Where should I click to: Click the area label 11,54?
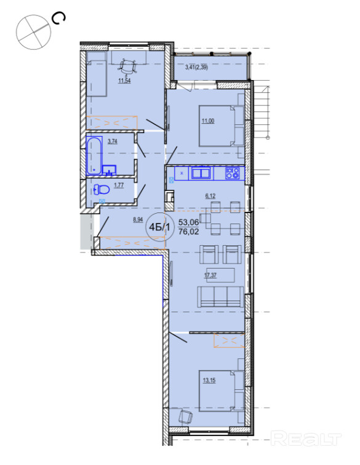pyautogui.click(x=124, y=81)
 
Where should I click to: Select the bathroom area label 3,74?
pyautogui.click(x=112, y=142)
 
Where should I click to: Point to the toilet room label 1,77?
pyautogui.click(x=119, y=185)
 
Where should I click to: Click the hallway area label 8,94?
pyautogui.click(x=138, y=220)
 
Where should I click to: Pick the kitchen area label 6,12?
pyautogui.click(x=210, y=196)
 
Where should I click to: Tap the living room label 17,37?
pyautogui.click(x=210, y=275)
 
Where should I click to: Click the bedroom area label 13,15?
pyautogui.click(x=209, y=381)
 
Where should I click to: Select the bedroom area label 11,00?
pyautogui.click(x=208, y=121)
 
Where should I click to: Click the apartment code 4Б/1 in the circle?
pyautogui.click(x=160, y=227)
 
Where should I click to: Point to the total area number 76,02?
pyautogui.click(x=189, y=232)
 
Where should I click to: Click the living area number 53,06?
pyautogui.click(x=189, y=222)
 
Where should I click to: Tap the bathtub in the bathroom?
pyautogui.click(x=94, y=155)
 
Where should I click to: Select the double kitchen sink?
pyautogui.click(x=201, y=173)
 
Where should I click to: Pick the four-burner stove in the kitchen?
pyautogui.click(x=232, y=173)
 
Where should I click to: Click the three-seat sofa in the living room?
pyautogui.click(x=220, y=297)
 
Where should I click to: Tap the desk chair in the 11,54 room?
pyautogui.click(x=128, y=67)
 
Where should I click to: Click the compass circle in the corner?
pyautogui.click(x=33, y=32)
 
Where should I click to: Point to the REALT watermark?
pyautogui.click(x=306, y=439)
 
